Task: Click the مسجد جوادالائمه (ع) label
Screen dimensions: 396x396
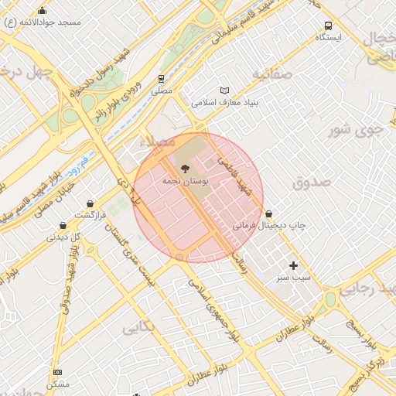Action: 43,22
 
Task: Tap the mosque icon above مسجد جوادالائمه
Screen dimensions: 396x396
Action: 42,11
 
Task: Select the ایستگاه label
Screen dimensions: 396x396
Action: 329,37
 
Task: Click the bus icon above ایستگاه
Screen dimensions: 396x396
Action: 329,26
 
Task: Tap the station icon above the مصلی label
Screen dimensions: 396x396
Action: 162,79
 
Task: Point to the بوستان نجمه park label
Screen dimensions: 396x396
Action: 183,180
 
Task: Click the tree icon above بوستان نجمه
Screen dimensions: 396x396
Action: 184,169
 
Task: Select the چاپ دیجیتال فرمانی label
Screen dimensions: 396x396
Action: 269,225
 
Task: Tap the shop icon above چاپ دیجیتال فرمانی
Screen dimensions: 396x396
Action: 268,213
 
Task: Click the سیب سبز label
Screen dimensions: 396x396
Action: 294,277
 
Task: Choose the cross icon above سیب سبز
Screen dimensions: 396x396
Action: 293,265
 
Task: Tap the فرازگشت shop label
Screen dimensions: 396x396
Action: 91,214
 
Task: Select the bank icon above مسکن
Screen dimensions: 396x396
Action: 57,373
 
